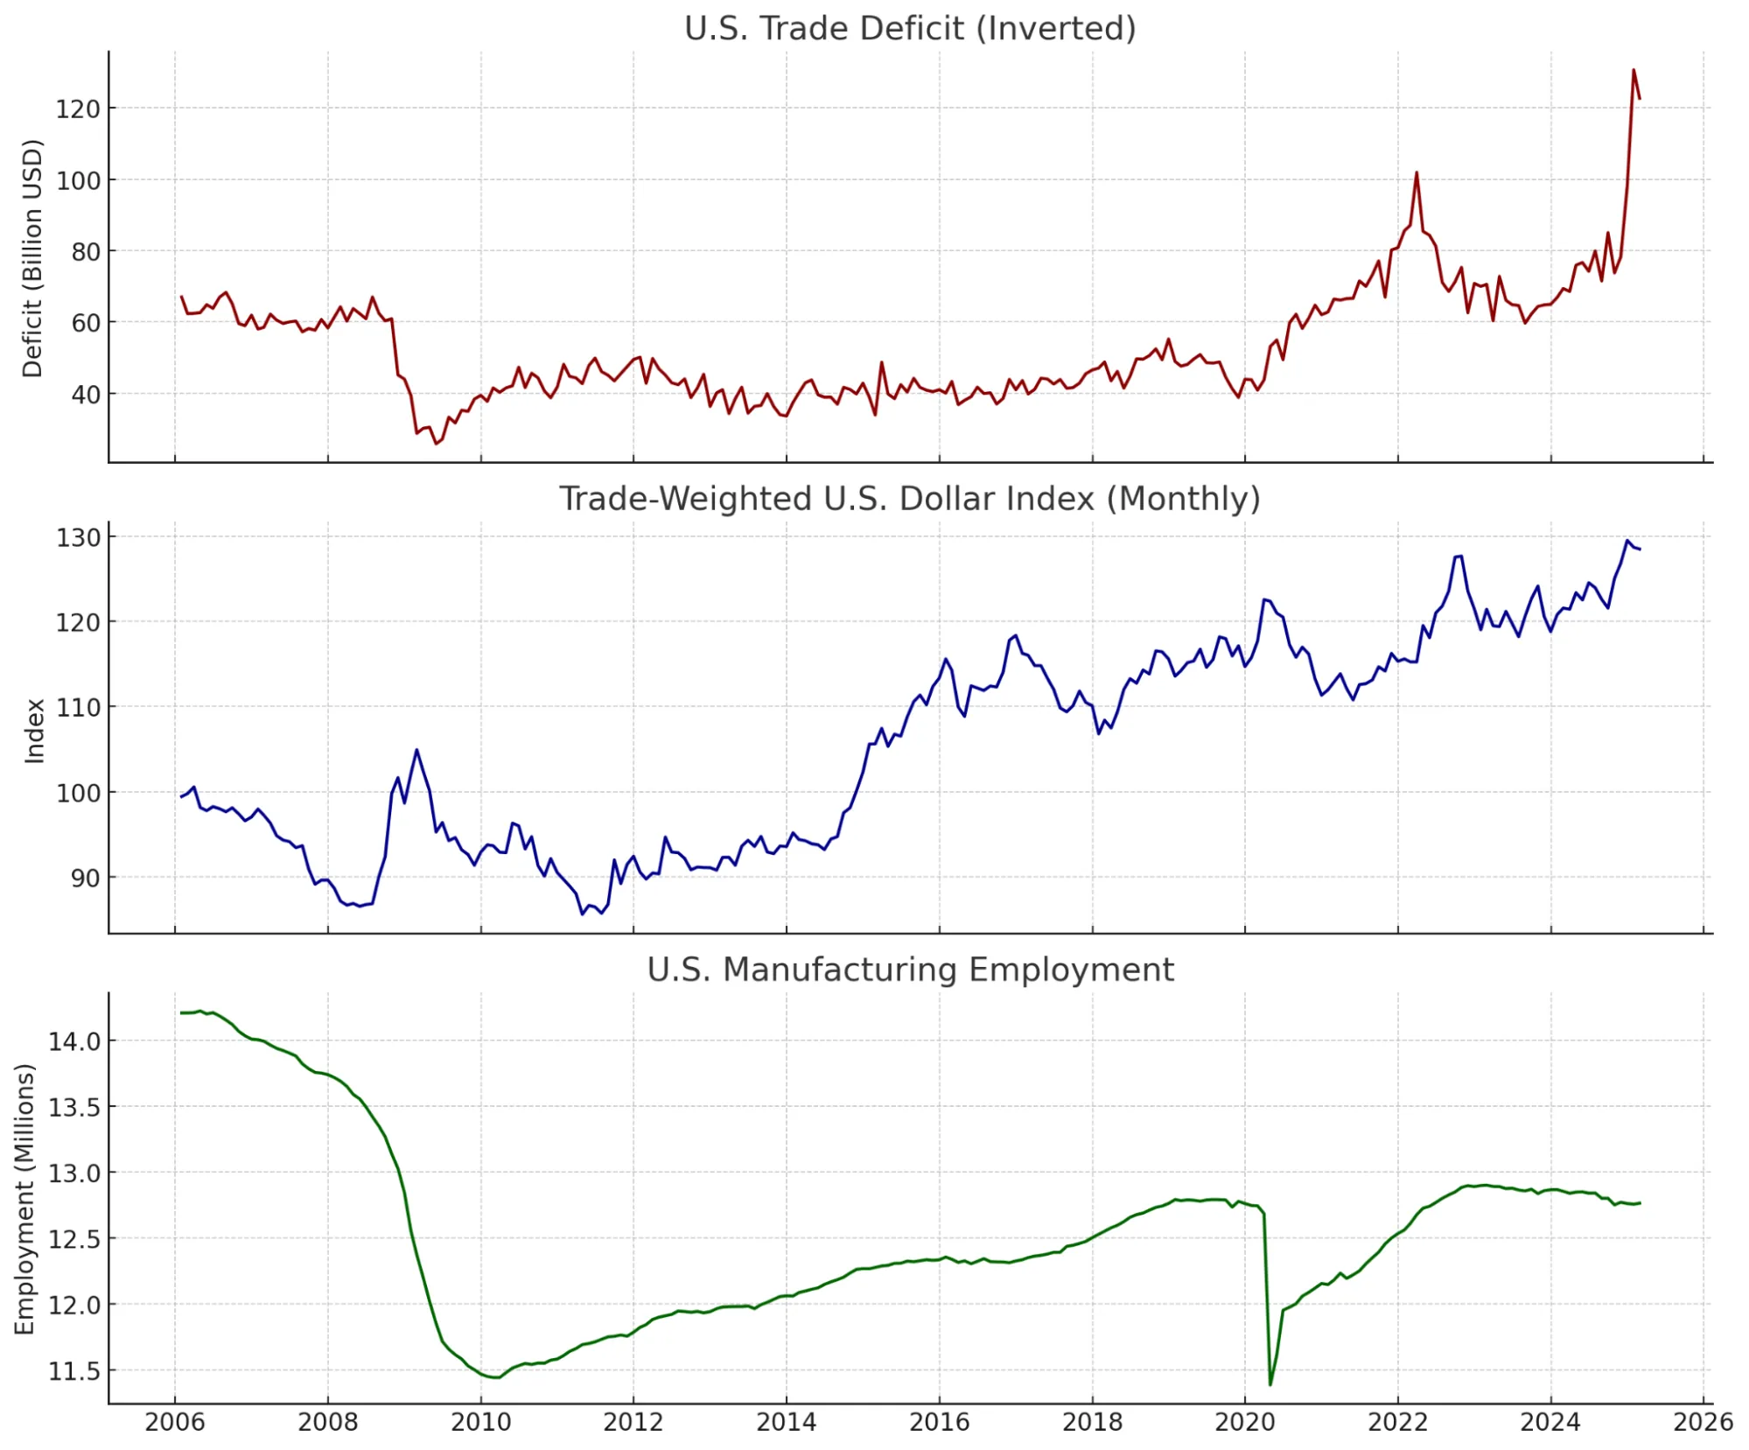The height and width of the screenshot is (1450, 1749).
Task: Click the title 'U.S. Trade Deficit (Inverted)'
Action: (910, 28)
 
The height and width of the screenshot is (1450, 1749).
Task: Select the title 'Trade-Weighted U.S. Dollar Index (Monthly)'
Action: (910, 499)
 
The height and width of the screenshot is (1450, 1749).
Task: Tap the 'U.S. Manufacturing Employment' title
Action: (910, 970)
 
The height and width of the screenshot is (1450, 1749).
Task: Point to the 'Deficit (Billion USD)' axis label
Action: (32, 258)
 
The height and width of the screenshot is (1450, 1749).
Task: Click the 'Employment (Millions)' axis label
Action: (24, 1199)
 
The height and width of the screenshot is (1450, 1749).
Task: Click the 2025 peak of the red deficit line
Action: (1634, 70)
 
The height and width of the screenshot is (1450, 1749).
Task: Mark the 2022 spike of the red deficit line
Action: (1417, 173)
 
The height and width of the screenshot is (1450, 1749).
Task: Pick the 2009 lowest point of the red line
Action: (436, 444)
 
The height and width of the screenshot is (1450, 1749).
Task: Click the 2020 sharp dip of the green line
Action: (1270, 1384)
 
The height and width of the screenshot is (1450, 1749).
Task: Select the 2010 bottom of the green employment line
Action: (495, 1377)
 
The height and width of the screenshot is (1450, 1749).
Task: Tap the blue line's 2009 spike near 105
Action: (416, 750)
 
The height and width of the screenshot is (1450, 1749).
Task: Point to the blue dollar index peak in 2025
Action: (1627, 541)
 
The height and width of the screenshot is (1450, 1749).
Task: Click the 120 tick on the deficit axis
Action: (78, 109)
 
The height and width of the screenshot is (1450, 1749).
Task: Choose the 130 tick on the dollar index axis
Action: (78, 537)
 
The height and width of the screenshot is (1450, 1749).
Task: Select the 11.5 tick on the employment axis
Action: (74, 1371)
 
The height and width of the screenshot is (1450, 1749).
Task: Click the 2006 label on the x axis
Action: (175, 1422)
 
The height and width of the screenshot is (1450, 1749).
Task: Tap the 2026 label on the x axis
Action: (1703, 1422)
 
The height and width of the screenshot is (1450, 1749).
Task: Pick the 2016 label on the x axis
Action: (939, 1422)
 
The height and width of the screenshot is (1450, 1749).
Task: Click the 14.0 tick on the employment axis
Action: (74, 1041)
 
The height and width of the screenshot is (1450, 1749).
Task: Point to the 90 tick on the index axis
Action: (85, 878)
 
